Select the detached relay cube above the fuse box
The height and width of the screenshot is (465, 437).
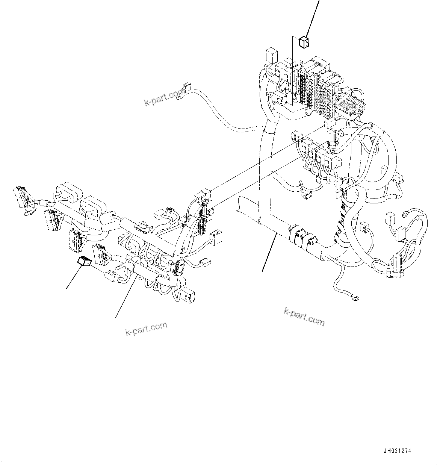click(304, 42)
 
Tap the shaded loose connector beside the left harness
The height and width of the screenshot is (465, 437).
click(84, 261)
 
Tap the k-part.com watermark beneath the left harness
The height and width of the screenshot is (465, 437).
click(146, 329)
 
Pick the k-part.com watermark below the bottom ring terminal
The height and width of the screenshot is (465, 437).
click(304, 317)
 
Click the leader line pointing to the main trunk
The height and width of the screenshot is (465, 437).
click(270, 252)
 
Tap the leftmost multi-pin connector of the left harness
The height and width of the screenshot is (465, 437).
click(22, 195)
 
